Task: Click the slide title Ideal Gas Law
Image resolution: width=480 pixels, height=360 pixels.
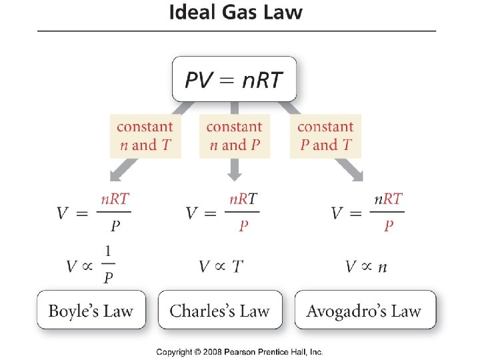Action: point(235,13)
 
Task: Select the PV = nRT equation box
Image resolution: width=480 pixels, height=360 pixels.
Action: point(234,80)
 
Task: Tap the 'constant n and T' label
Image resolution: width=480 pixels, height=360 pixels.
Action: point(145,136)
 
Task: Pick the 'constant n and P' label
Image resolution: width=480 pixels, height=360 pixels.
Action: point(234,136)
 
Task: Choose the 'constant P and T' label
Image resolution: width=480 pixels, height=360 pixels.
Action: point(325,136)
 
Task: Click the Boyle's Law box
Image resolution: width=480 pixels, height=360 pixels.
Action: point(91,310)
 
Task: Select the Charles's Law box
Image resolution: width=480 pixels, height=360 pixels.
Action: point(220,310)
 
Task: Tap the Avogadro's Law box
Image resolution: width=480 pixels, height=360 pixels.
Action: point(364,310)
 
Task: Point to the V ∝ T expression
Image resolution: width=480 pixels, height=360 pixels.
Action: point(221,267)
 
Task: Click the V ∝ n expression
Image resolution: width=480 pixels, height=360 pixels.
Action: point(366,267)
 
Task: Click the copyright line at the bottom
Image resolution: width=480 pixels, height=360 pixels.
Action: point(239,351)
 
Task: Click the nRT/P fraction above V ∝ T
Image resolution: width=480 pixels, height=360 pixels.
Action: point(243,213)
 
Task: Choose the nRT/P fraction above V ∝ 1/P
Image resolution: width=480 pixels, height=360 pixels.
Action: point(115,213)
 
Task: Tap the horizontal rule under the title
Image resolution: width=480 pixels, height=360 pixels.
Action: point(236,31)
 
